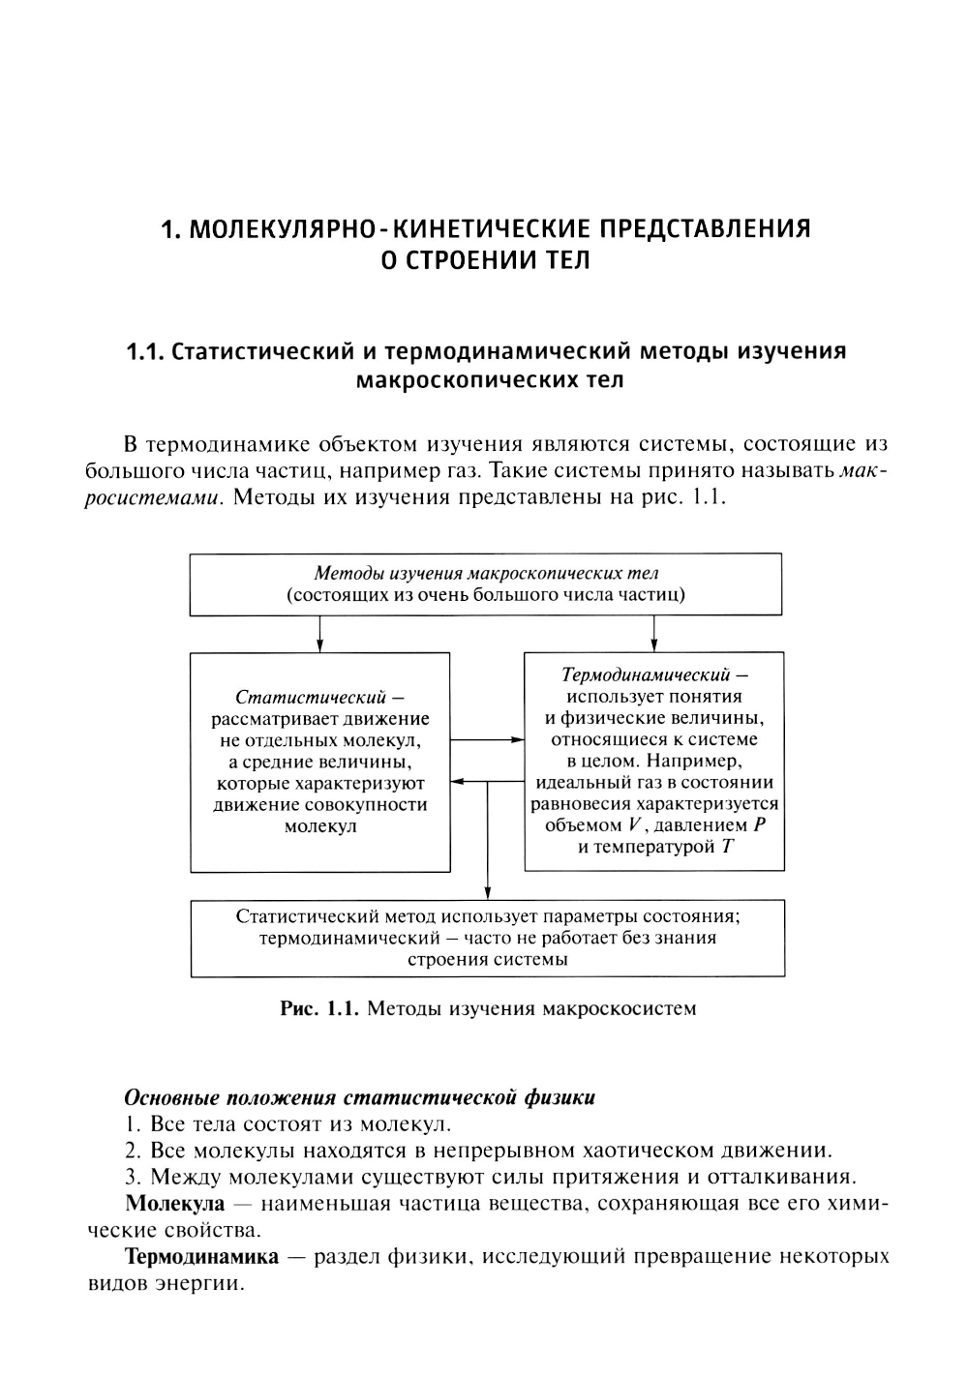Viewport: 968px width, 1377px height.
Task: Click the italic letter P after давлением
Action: pos(759,825)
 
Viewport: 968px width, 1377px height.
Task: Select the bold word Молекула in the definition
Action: pos(175,1204)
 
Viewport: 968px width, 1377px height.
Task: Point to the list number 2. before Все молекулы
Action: pos(134,1152)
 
